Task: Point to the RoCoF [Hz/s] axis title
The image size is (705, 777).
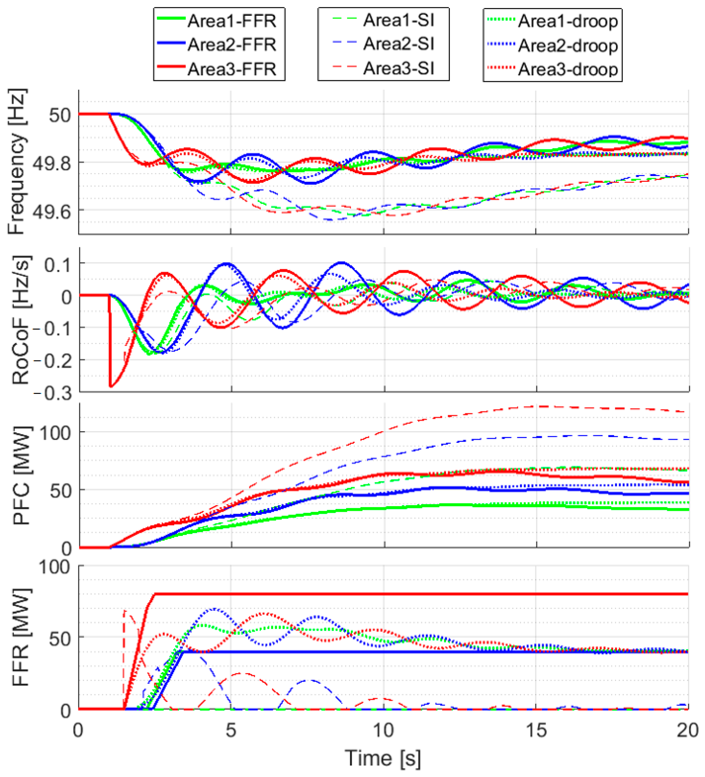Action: [x=20, y=320]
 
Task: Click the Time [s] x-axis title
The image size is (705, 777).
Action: [x=383, y=758]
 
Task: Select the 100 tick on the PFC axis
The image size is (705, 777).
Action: [x=55, y=433]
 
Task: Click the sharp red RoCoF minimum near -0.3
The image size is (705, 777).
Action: [x=111, y=386]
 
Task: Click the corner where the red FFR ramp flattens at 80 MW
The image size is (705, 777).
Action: [x=155, y=594]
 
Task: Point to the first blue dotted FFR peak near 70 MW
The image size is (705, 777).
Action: [x=214, y=609]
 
